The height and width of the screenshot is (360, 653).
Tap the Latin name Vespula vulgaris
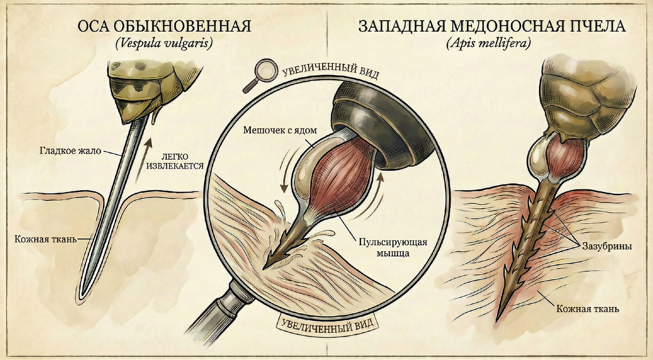point(163,44)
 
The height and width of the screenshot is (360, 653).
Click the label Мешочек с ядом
point(278,131)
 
